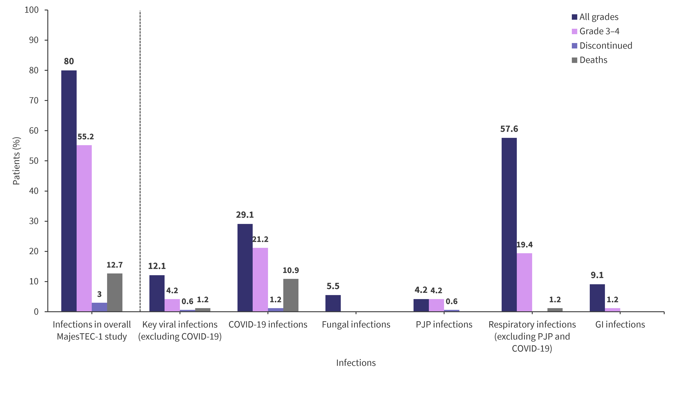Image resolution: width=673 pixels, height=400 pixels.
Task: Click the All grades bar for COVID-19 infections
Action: click(245, 268)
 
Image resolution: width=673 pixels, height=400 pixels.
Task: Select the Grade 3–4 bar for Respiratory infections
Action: click(524, 282)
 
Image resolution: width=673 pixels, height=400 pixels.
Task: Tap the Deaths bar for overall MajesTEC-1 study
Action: click(115, 293)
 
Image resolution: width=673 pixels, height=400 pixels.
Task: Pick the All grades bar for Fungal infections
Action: click(333, 303)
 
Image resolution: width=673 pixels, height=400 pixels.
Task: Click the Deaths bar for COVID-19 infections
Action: click(291, 295)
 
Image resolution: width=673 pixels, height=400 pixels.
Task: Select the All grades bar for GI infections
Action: click(597, 298)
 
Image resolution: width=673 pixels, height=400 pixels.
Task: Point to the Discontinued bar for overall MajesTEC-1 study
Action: click(100, 307)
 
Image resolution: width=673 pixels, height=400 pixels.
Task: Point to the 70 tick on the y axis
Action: click(34, 101)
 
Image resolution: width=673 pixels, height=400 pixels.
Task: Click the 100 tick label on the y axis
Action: click(32, 10)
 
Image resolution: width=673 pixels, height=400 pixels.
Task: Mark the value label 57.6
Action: click(509, 129)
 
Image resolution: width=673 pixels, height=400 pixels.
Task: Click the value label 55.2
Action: click(86, 136)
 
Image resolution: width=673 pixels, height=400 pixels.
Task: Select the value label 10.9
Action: click(291, 270)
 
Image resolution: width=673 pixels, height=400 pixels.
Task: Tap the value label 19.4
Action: click(524, 245)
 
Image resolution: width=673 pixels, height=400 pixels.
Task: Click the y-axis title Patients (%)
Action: click(17, 161)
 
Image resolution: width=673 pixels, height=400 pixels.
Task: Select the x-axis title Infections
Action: click(356, 363)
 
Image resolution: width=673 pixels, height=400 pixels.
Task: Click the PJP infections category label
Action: click(444, 324)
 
